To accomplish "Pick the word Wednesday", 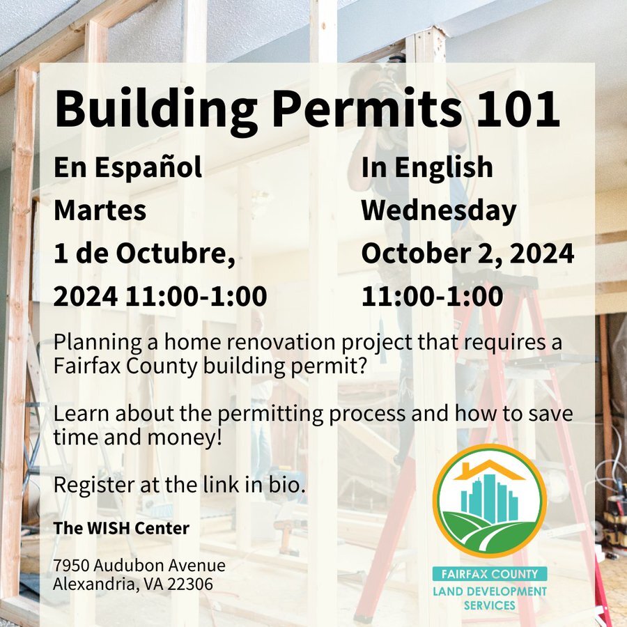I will [x=439, y=210].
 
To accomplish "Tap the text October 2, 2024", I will [x=467, y=254].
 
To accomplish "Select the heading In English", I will [x=426, y=167].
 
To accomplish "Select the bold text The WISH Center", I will [x=121, y=528].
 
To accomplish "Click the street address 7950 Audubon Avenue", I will [x=139, y=565].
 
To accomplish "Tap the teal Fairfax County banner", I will [x=490, y=574].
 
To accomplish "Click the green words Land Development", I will [x=490, y=591].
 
